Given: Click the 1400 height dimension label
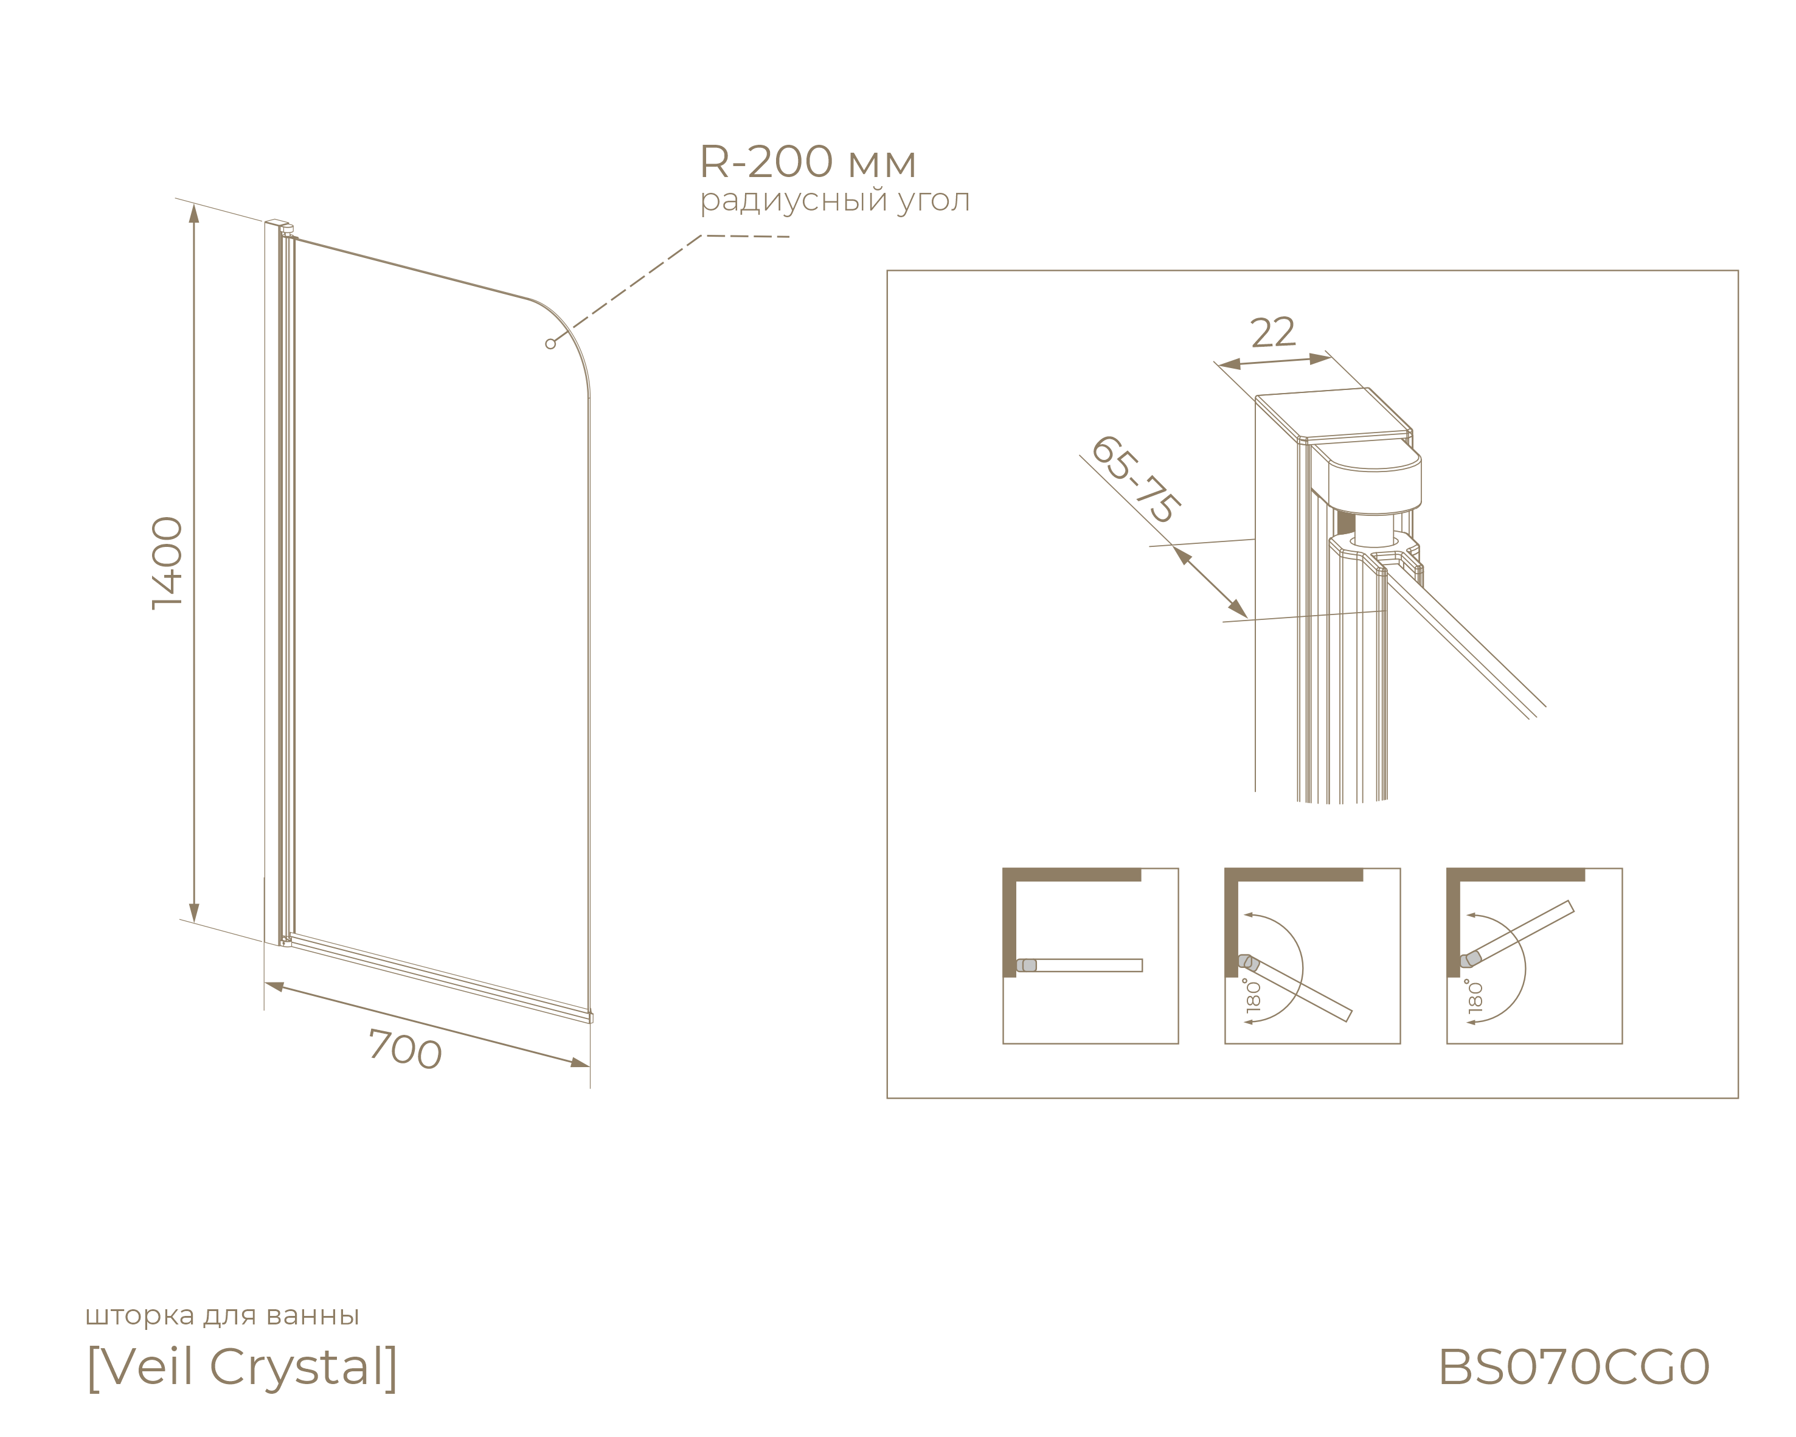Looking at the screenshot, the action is click(167, 563).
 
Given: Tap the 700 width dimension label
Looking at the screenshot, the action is click(405, 1049).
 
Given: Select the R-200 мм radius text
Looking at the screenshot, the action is click(807, 162).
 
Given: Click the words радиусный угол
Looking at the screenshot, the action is click(834, 201).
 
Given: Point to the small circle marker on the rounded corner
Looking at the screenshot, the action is click(550, 344).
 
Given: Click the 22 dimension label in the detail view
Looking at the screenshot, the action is click(1273, 332).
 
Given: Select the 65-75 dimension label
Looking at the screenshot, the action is click(1134, 479).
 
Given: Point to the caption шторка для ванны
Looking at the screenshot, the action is click(223, 1315).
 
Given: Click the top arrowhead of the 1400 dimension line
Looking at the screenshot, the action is click(194, 214).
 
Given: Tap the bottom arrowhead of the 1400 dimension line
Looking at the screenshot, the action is click(194, 913).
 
